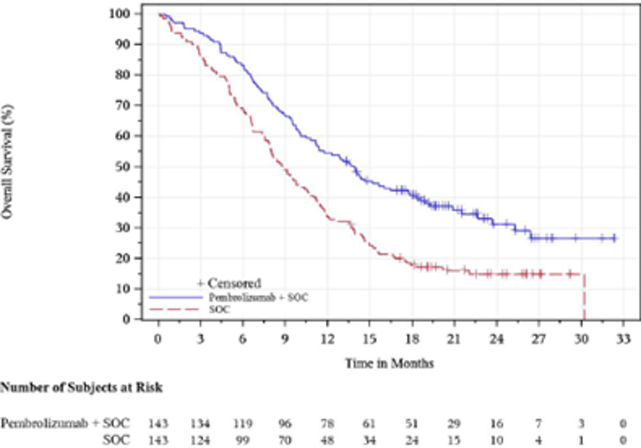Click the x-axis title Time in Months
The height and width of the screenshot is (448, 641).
(389, 363)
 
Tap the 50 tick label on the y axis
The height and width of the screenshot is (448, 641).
(124, 167)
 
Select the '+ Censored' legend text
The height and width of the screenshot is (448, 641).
(229, 283)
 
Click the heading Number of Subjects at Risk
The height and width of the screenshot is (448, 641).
(81, 389)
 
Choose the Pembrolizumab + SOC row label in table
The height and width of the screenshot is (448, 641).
(66, 424)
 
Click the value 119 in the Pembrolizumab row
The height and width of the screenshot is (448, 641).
(243, 424)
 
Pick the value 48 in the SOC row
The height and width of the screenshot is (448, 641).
(328, 440)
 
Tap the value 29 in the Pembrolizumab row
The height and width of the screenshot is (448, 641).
(454, 424)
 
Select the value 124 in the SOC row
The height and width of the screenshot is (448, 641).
(200, 440)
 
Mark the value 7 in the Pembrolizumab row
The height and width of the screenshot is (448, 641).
(539, 424)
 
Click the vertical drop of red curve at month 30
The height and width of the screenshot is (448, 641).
(583, 297)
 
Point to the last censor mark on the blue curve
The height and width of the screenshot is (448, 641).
(614, 238)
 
